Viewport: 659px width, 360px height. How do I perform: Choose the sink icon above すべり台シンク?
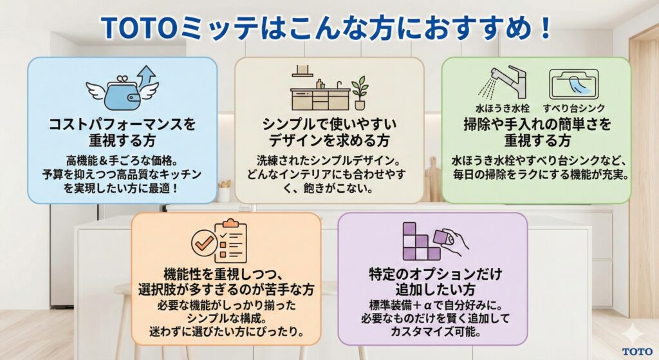[x=574, y=84]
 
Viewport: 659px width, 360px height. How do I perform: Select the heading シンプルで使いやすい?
[x=329, y=124]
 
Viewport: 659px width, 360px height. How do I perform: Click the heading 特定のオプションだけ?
[x=432, y=273]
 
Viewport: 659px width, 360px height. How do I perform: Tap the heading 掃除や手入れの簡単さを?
[x=537, y=124]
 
